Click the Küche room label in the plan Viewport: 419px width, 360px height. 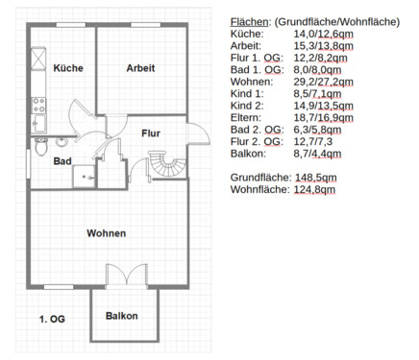pyautogui.click(x=68, y=68)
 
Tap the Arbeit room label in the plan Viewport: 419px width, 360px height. pyautogui.click(x=140, y=67)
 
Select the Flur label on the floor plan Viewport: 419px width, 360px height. pyautogui.click(x=150, y=132)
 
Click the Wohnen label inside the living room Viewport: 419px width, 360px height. pyautogui.click(x=106, y=233)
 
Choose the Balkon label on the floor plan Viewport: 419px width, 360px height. pyautogui.click(x=122, y=316)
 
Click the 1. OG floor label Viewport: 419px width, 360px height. pyautogui.click(x=51, y=317)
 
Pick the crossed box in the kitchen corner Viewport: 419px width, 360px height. pyautogui.click(x=38, y=60)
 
